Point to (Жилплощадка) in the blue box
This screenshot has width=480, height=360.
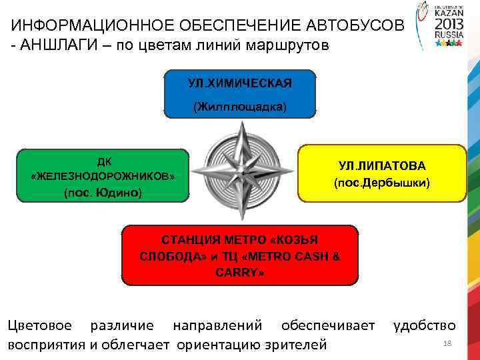pyautogui.click(x=239, y=107)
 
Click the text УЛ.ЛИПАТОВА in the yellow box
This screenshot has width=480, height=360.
pyautogui.click(x=381, y=165)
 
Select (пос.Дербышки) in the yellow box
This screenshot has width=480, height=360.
pyautogui.click(x=381, y=182)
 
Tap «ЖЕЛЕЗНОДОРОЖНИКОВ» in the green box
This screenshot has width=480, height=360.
pyautogui.click(x=103, y=177)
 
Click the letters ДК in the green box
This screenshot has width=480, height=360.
pyautogui.click(x=104, y=162)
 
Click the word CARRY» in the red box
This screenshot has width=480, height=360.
pyautogui.click(x=239, y=273)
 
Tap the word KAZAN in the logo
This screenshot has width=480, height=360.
pyautogui.click(x=446, y=12)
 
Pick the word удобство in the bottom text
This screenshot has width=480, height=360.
pyautogui.click(x=425, y=326)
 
